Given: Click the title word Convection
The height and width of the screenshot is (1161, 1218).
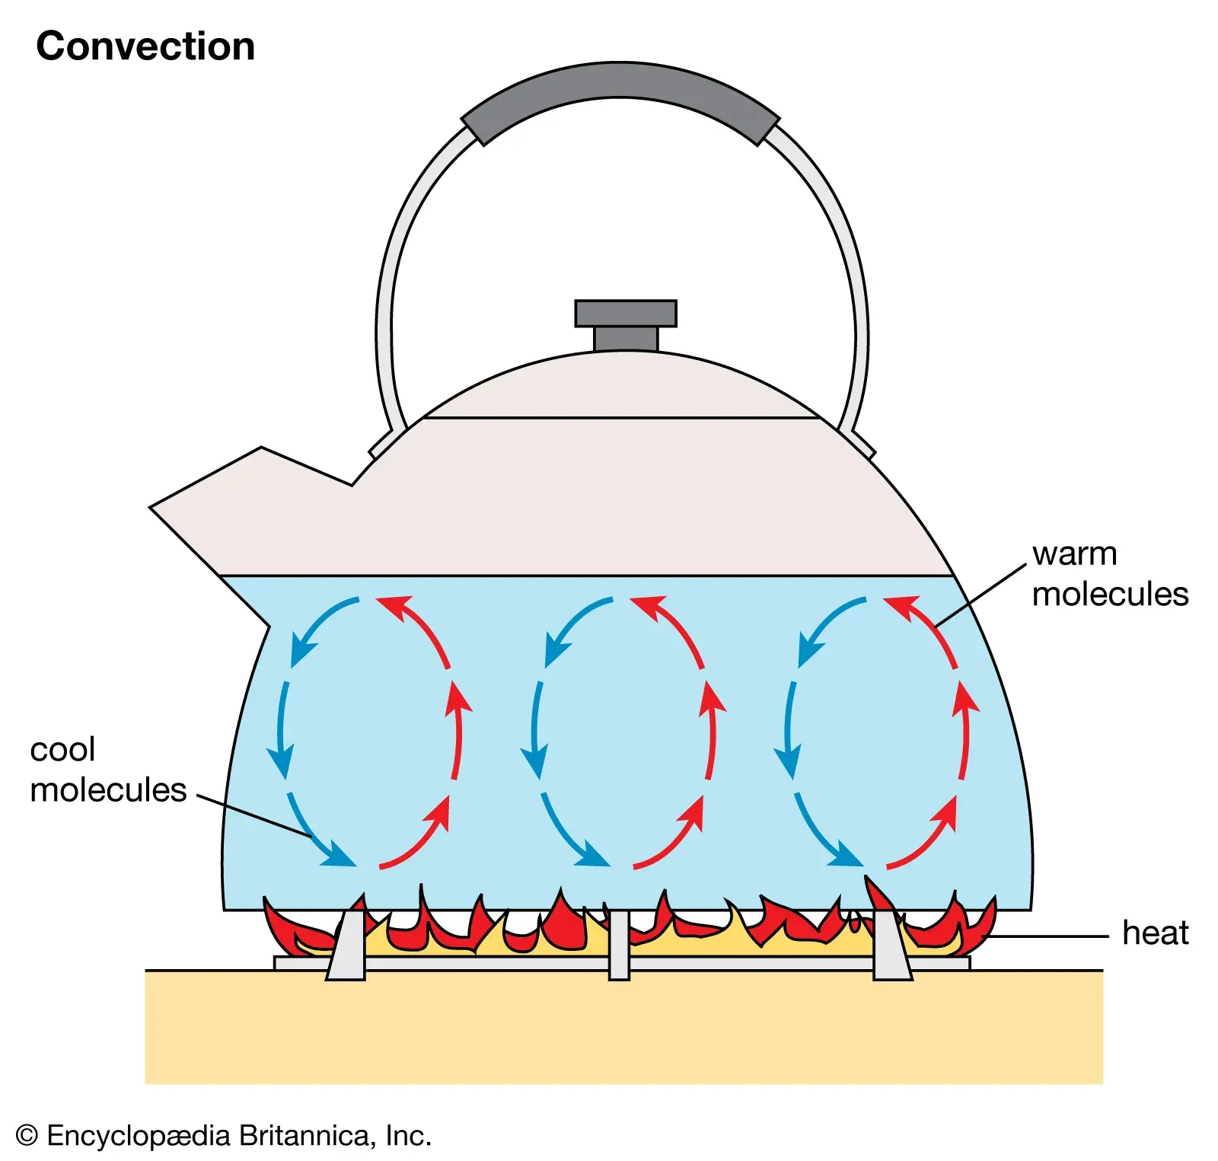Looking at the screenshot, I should (x=145, y=46).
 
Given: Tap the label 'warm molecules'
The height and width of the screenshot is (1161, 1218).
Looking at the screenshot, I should (x=1109, y=574).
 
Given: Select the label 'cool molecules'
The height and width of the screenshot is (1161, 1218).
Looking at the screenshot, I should (x=107, y=770).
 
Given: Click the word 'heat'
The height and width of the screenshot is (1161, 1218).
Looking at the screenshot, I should (x=1155, y=933).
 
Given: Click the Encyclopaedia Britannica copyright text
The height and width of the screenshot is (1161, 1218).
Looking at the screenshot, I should (x=224, y=1136).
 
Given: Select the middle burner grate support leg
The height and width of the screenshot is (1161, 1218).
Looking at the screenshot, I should (x=619, y=944).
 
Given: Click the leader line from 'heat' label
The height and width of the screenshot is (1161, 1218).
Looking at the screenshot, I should (x=1051, y=936).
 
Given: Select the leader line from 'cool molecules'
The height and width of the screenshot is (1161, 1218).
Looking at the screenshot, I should (x=255, y=815).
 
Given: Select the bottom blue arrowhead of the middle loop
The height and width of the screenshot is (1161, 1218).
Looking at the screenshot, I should (x=596, y=859).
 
